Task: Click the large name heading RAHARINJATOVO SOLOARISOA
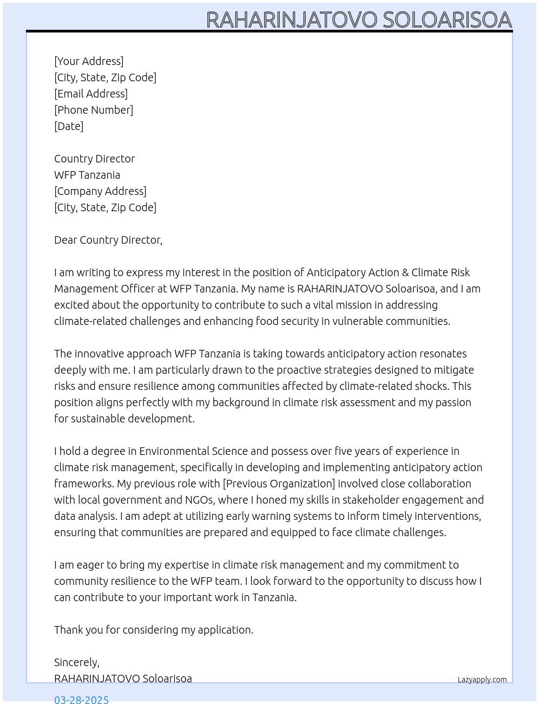(x=359, y=19)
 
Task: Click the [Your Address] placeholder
(x=89, y=61)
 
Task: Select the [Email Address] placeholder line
(x=91, y=94)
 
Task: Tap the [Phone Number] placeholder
(x=94, y=110)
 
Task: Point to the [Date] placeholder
(x=69, y=126)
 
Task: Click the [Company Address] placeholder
(x=100, y=191)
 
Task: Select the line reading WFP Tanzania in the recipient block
(x=87, y=175)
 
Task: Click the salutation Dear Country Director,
(x=108, y=240)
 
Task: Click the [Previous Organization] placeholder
(x=279, y=484)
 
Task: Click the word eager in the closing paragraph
(x=89, y=565)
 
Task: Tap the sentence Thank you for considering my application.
(x=154, y=630)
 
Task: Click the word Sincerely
(x=76, y=662)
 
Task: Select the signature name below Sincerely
(x=123, y=679)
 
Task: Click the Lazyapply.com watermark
(x=482, y=680)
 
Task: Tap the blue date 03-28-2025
(x=81, y=700)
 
